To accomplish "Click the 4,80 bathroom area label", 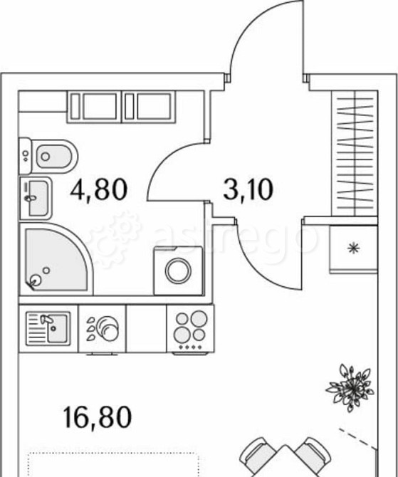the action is (x=98, y=189).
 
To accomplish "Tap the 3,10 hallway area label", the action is (x=248, y=189).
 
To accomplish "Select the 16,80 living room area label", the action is (x=98, y=417).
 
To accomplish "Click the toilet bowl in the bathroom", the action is (x=55, y=157).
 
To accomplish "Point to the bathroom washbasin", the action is (x=36, y=198).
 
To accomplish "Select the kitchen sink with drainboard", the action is (x=48, y=328).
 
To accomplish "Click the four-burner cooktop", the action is (x=191, y=329).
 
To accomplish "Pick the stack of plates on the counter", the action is (x=107, y=328).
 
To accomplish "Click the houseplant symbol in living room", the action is (x=350, y=387).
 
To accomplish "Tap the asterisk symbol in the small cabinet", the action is (x=354, y=248).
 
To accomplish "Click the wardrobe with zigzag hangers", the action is (x=355, y=153).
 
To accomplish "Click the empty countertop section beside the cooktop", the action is (x=147, y=328).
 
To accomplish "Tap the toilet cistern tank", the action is (x=25, y=156).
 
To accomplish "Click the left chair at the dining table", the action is (x=258, y=456).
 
